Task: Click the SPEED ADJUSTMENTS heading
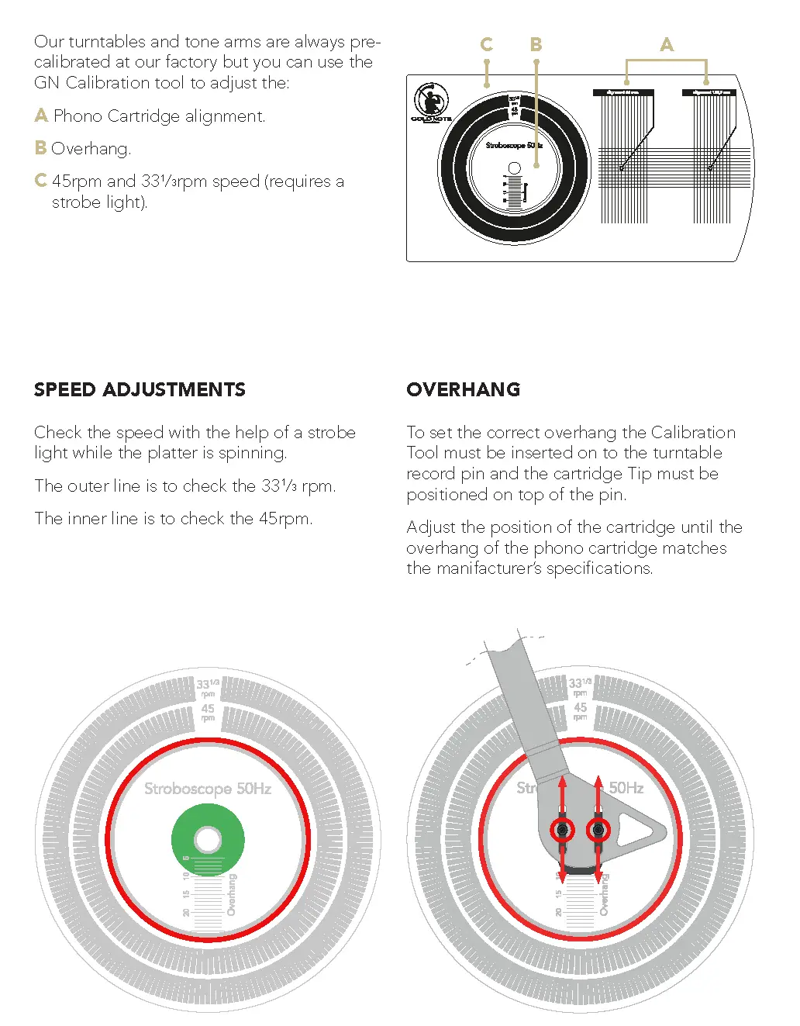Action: [140, 389]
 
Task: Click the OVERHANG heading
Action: [463, 389]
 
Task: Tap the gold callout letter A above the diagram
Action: [667, 45]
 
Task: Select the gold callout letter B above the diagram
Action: [536, 45]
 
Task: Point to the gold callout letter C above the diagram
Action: [486, 45]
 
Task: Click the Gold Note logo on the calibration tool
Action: [430, 103]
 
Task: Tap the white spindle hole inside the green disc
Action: [208, 839]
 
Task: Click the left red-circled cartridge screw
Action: [562, 831]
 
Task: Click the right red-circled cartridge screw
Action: [598, 831]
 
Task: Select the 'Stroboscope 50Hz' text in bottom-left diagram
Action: [208, 789]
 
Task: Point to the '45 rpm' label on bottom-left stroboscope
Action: [208, 712]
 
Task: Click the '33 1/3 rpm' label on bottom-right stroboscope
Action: [579, 687]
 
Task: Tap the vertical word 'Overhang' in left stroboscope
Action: [231, 895]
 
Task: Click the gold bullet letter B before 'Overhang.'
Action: [40, 148]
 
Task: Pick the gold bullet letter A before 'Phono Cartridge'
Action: [41, 116]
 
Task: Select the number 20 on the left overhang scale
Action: [186, 912]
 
